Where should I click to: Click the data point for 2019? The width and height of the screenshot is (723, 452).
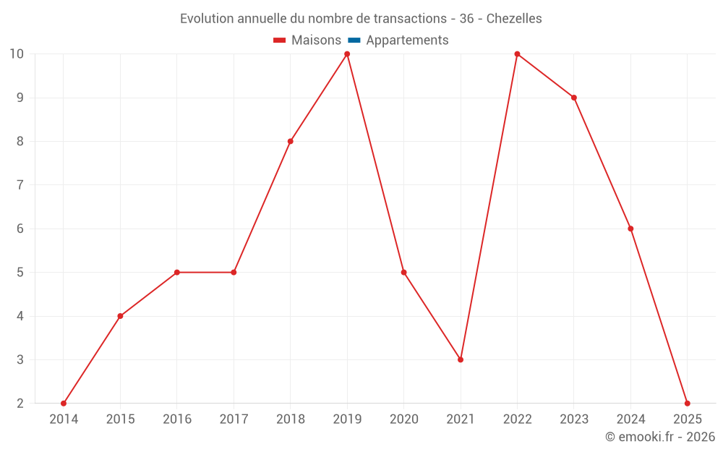click(x=347, y=54)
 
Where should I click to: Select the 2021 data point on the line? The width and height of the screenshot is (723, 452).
click(x=461, y=359)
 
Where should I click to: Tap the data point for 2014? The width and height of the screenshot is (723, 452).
click(x=64, y=404)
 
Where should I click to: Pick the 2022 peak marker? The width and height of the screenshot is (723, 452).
click(x=517, y=54)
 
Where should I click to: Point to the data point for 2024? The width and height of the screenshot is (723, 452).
click(x=630, y=229)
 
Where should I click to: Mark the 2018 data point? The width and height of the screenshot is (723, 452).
click(x=291, y=141)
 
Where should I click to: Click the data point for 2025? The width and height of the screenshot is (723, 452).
click(x=687, y=404)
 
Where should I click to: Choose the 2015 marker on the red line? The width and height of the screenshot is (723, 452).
click(x=120, y=316)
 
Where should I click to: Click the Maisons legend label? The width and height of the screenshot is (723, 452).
click(x=316, y=40)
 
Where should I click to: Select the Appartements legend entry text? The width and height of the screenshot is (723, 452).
click(x=407, y=40)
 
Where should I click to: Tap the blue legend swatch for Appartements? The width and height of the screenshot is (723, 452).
click(x=354, y=40)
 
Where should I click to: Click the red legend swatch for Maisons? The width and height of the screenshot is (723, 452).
click(x=280, y=40)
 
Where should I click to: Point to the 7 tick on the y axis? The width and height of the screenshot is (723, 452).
click(x=16, y=185)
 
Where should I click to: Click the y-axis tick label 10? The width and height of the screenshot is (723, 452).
click(x=16, y=54)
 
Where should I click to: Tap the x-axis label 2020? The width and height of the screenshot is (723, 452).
click(x=403, y=419)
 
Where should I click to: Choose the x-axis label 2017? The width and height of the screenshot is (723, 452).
click(x=234, y=419)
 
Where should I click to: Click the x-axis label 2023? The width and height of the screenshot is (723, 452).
click(x=574, y=419)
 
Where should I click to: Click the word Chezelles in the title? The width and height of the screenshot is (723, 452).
click(x=514, y=19)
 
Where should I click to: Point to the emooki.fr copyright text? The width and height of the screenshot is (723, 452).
click(x=660, y=437)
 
